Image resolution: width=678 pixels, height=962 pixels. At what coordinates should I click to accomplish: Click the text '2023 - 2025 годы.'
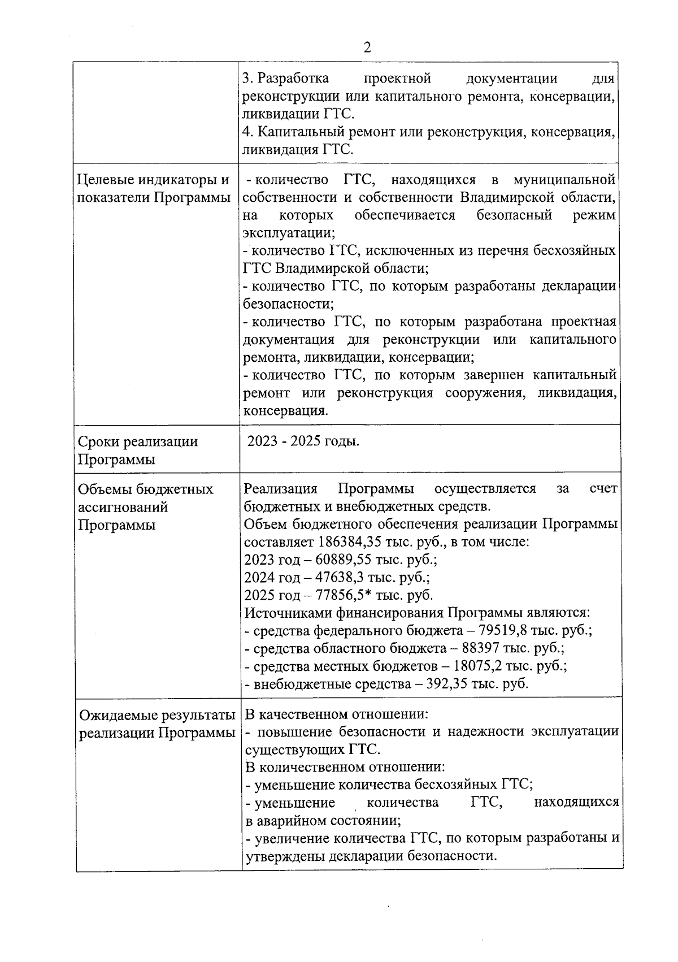303,441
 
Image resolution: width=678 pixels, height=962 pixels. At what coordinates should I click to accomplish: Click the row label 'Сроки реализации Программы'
137,450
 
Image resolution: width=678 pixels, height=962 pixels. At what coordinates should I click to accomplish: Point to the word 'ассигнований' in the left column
123,507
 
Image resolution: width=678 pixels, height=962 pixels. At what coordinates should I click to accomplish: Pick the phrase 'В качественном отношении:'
337,714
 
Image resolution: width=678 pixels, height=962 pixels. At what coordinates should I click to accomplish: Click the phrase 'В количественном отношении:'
345,767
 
